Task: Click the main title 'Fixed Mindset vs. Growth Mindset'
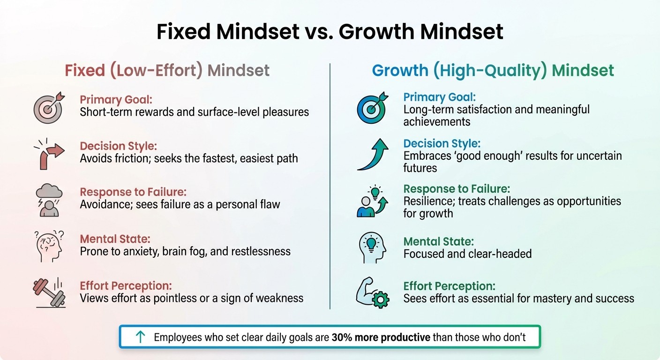330,32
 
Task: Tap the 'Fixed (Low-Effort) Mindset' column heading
167,71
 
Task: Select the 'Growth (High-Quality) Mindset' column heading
493,71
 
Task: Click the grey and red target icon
48,107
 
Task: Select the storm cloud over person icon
49,201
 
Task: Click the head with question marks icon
48,245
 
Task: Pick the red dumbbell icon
48,291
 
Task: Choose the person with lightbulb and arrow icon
371,202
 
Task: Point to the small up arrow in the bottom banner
140,337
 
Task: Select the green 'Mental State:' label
438,242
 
